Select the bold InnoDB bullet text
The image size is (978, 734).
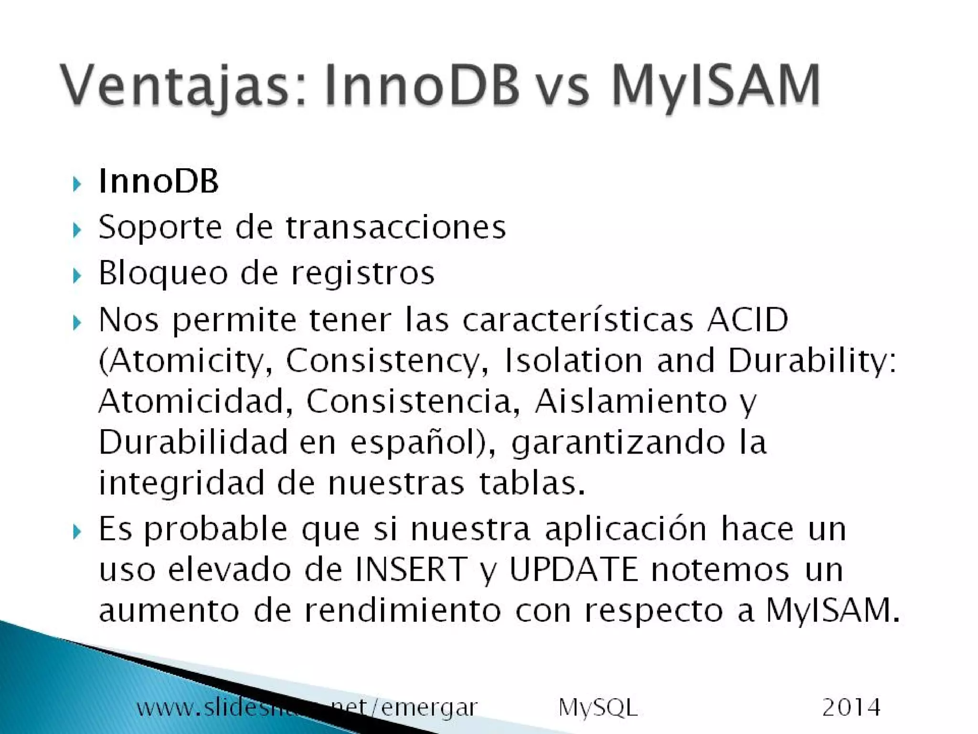(159, 182)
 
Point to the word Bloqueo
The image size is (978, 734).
(163, 274)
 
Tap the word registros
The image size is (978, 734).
(363, 274)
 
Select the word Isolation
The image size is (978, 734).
(573, 360)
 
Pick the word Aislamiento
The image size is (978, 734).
(631, 401)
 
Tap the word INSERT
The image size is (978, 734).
(410, 569)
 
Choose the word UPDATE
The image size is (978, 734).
(574, 569)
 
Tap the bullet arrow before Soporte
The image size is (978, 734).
(77, 230)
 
